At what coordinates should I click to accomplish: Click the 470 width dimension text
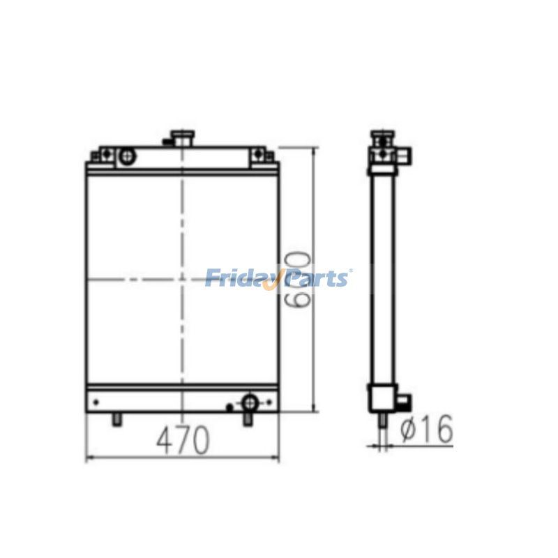[182, 441]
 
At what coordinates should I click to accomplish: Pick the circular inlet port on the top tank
[126, 156]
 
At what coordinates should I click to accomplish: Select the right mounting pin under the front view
[248, 418]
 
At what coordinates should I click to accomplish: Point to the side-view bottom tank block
[382, 398]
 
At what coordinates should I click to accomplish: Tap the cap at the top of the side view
[381, 134]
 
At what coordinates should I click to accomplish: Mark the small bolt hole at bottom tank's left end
[96, 402]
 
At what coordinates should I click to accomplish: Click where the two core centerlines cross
[183, 280]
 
